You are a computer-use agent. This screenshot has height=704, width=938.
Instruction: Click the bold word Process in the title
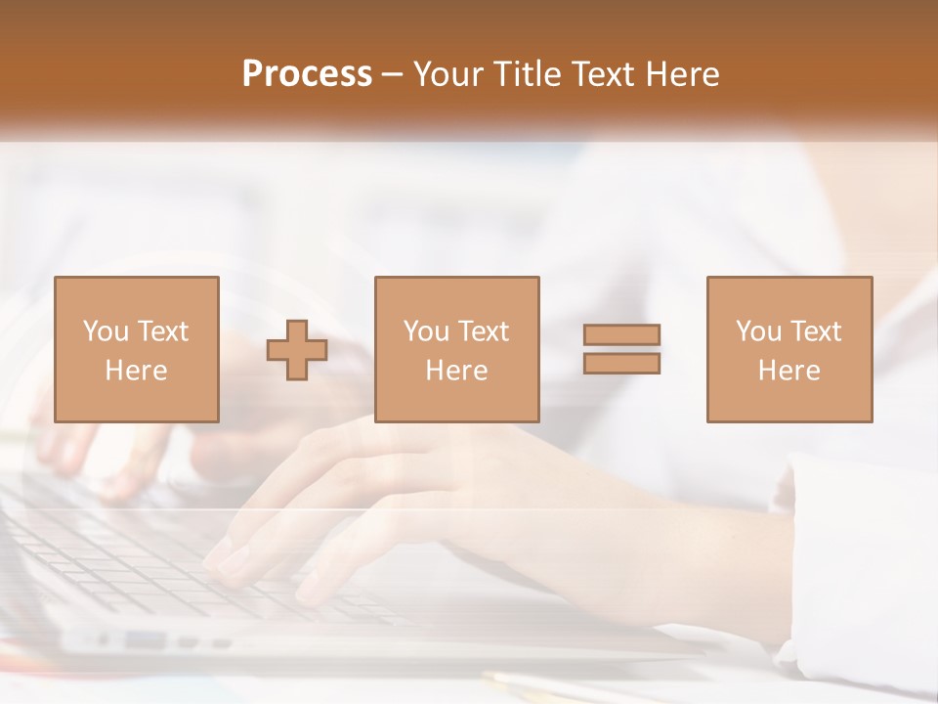tap(307, 74)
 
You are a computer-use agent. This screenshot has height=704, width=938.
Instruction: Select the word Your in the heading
tap(450, 74)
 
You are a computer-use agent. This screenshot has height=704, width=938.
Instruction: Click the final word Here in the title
tap(681, 74)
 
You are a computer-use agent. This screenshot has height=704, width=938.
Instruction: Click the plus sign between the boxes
tap(297, 350)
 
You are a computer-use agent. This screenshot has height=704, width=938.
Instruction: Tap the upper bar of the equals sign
tap(621, 335)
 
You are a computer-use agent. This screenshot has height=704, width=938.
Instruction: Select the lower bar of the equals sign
tap(621, 364)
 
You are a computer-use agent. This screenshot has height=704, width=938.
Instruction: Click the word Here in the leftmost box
tap(136, 371)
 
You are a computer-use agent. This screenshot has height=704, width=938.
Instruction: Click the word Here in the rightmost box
tap(789, 371)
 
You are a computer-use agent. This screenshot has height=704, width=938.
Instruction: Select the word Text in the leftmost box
tap(163, 331)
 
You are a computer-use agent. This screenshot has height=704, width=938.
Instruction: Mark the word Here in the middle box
tap(456, 371)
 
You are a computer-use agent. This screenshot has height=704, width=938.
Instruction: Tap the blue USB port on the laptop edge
tap(146, 640)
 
